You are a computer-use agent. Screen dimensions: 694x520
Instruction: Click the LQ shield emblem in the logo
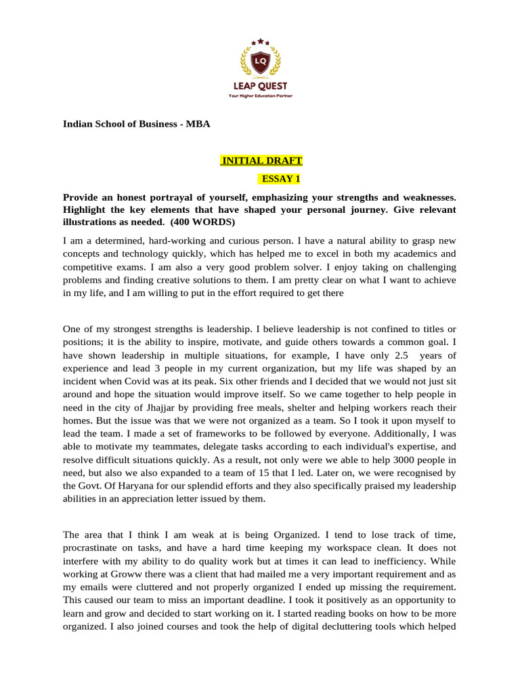point(260,62)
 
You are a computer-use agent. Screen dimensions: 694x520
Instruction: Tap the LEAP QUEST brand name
point(260,86)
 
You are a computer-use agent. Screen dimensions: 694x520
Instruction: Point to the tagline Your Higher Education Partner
point(260,96)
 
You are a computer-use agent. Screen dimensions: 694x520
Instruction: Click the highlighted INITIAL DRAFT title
point(261,161)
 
